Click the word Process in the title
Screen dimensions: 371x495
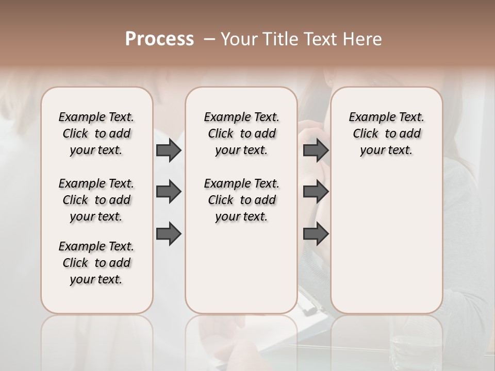point(159,39)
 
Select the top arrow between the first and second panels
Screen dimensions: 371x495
point(169,150)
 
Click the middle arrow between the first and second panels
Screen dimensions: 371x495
point(169,192)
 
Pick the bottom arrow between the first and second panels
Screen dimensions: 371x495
point(169,234)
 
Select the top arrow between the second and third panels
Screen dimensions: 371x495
point(316,150)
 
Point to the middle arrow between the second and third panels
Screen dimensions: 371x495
point(316,192)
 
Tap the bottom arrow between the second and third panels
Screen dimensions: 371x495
point(316,234)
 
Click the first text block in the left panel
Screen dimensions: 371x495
point(96,133)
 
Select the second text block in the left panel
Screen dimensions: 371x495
point(96,200)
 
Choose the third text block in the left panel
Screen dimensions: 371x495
point(96,263)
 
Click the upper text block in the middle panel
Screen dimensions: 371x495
point(241,133)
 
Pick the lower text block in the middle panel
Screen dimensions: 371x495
point(241,200)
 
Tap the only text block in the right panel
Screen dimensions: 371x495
point(386,133)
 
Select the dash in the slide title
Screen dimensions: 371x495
point(209,39)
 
